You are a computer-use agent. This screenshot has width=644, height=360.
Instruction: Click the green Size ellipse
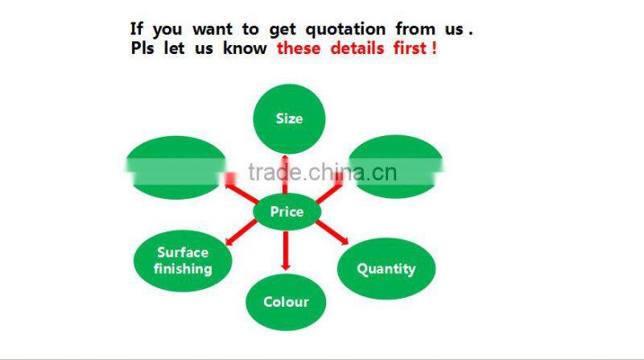coord(289,119)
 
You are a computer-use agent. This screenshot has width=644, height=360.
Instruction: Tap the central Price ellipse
coord(287,212)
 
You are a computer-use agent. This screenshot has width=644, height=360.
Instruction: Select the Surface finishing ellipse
coord(183,260)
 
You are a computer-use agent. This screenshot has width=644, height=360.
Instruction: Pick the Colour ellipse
coord(286,302)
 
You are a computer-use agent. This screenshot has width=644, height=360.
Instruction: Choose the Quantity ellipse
coord(386,269)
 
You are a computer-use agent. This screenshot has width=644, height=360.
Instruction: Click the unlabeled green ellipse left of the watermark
coord(175,167)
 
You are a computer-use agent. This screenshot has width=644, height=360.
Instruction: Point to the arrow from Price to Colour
coord(285,250)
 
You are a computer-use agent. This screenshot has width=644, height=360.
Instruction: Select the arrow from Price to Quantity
coord(332,232)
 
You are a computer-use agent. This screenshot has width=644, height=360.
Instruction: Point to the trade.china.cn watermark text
coord(322,172)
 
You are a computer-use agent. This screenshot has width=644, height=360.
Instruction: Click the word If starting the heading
coord(137,29)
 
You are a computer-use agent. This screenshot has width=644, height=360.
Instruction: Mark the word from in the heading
coord(415,29)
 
